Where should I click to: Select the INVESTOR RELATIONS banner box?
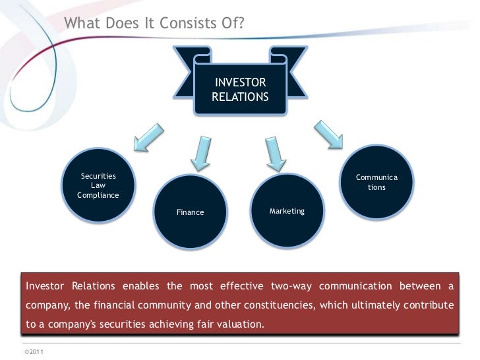[240, 90]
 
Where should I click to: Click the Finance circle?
[190, 212]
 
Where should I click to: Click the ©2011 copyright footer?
[33, 352]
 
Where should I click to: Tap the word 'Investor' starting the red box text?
[45, 286]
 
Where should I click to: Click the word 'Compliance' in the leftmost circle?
[98, 195]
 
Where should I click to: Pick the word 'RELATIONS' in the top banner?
[240, 96]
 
